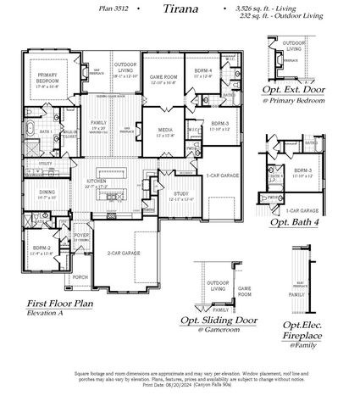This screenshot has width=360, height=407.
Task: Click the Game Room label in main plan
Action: pos(162,78)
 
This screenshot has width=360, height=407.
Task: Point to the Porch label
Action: pos(80,276)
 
